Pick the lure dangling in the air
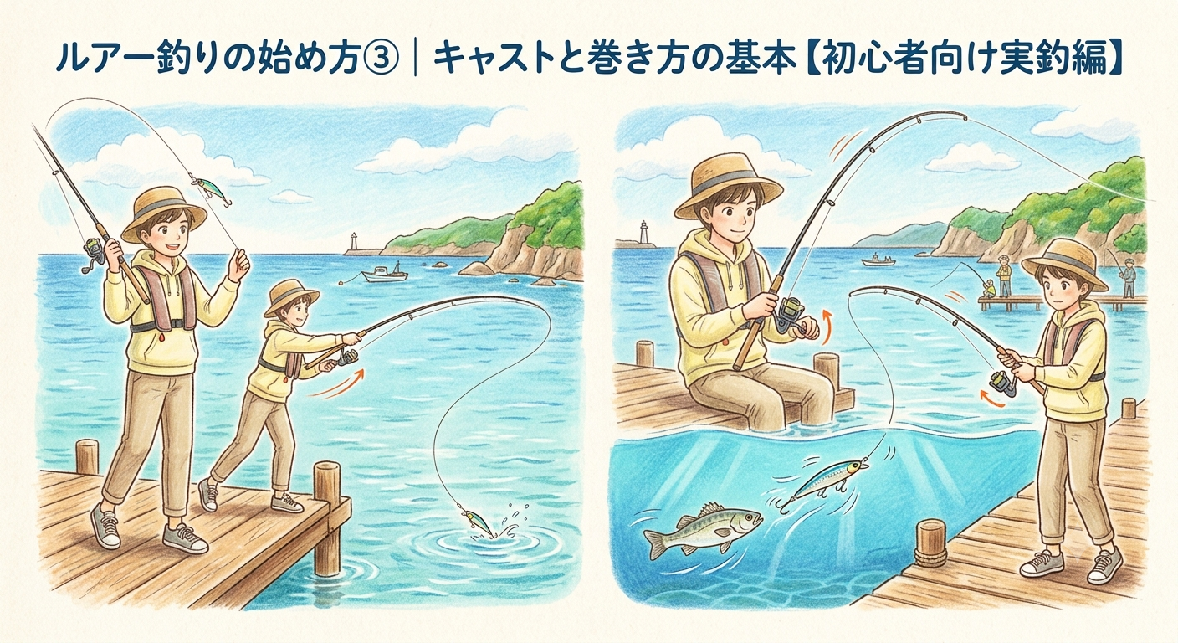[x=211, y=192]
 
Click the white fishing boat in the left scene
[x=385, y=273]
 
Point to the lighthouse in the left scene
[x=354, y=242]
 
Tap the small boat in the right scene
[x=878, y=260]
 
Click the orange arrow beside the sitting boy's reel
[x=826, y=327]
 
